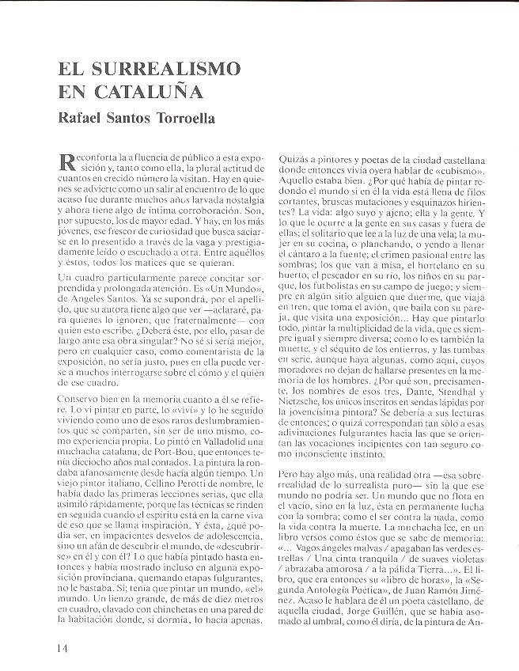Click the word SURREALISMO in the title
(160, 68)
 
